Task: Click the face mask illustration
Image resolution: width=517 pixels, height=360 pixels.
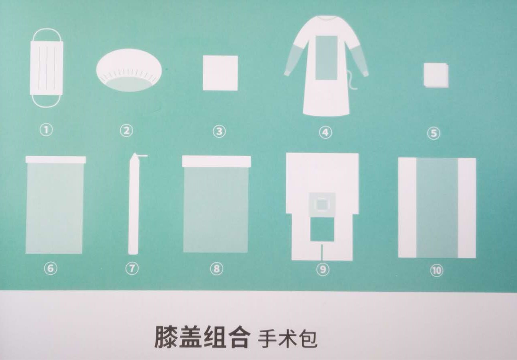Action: click(x=47, y=68)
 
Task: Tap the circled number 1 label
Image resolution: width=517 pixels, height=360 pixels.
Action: click(x=46, y=130)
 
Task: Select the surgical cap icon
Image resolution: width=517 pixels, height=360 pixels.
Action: click(x=129, y=70)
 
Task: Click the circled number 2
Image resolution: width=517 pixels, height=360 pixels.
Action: click(x=126, y=131)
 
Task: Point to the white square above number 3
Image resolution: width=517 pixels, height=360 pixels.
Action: click(x=220, y=73)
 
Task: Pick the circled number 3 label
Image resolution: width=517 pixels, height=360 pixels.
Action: click(x=219, y=132)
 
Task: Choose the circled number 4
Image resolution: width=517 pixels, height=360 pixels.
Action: click(x=325, y=132)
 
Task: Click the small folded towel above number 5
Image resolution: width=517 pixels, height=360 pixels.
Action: click(x=436, y=76)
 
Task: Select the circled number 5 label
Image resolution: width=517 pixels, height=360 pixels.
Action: click(x=433, y=134)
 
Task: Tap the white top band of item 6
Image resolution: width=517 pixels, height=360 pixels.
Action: click(x=56, y=160)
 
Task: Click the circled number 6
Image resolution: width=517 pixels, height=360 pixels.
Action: click(x=51, y=268)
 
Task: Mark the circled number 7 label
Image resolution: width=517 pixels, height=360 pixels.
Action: click(x=132, y=268)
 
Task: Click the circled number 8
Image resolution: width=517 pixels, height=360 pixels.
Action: click(x=216, y=269)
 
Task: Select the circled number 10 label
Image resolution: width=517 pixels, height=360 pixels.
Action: click(x=437, y=270)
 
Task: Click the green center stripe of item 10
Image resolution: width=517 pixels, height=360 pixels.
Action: click(x=437, y=208)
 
